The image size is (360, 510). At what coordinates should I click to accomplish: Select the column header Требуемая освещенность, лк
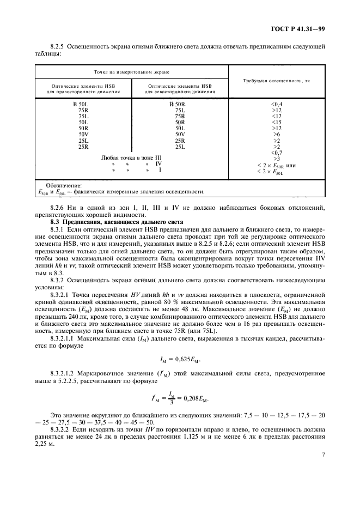(276, 80)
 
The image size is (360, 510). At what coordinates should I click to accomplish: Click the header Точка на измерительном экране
(131, 71)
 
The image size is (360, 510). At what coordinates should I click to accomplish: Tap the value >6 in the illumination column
(276, 134)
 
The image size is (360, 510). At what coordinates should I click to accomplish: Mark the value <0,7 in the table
(276, 153)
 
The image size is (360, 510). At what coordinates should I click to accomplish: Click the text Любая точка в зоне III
(132, 157)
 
